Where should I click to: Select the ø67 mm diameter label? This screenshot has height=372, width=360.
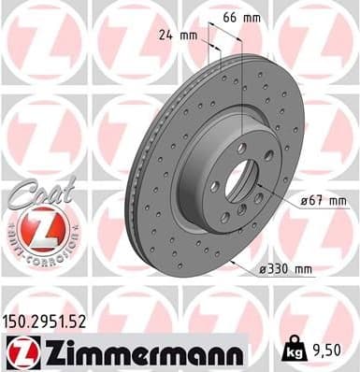323,201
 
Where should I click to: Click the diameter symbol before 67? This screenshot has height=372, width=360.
304,201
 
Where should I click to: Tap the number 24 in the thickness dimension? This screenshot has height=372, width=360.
166,37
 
